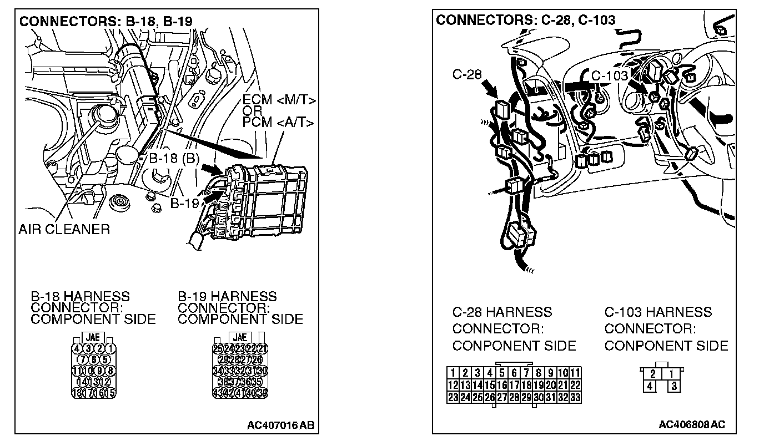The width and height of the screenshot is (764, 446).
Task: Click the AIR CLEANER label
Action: pos(64,229)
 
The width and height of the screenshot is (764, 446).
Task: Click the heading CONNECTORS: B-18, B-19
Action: pos(106,22)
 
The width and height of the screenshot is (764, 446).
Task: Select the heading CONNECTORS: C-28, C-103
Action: pos(525,21)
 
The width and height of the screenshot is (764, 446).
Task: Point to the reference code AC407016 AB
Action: pos(281,425)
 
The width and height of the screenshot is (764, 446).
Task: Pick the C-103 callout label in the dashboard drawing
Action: pos(609,75)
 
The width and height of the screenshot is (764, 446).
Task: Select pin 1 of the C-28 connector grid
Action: pos(453,373)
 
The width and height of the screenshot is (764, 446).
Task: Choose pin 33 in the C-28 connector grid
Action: pos(575,397)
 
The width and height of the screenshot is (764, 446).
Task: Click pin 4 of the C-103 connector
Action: pos(650,386)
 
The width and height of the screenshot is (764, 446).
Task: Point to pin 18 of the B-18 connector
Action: pos(77,393)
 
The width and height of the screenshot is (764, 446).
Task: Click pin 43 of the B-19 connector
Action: pos(218,393)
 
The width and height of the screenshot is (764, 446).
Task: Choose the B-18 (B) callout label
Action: pos(174,159)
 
